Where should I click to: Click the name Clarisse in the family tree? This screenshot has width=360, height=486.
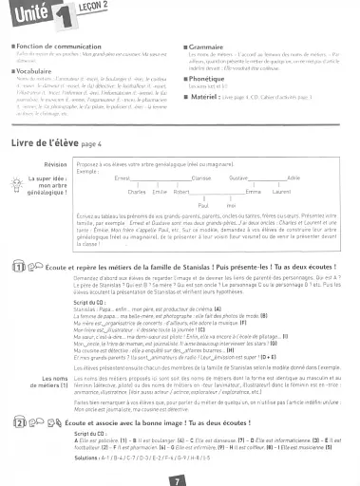pos(201,178)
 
